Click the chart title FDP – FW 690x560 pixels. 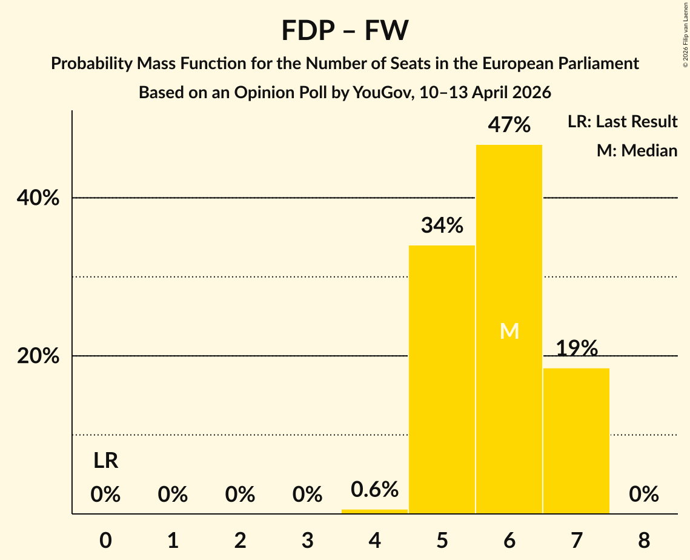click(x=345, y=30)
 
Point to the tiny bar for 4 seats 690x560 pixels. click(x=374, y=512)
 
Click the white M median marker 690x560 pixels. click(x=509, y=331)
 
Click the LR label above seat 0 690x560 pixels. click(x=105, y=461)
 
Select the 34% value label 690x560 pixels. click(x=442, y=225)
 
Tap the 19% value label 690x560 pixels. click(x=577, y=348)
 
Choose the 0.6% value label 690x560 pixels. click(x=374, y=488)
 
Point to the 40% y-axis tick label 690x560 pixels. click(x=38, y=198)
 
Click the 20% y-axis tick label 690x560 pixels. click(x=38, y=356)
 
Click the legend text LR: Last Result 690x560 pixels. click(x=622, y=122)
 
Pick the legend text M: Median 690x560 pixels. click(x=637, y=151)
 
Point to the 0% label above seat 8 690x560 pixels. click(x=643, y=495)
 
